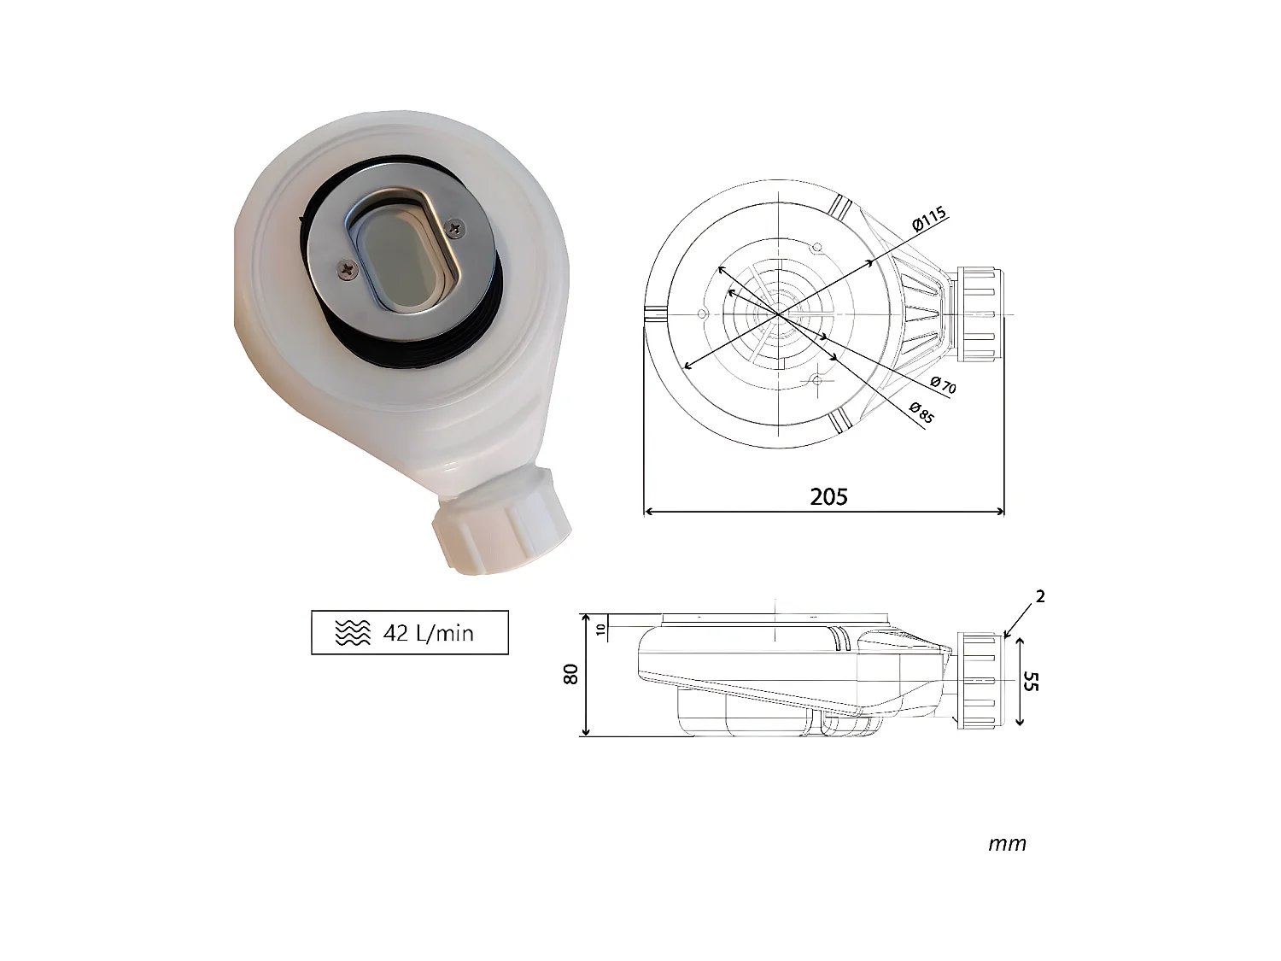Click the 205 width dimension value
[x=828, y=496]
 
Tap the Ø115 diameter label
[x=930, y=220]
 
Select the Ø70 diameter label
[x=943, y=384]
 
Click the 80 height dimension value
[x=571, y=673]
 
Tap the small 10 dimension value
[x=600, y=630]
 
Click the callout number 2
[x=1039, y=597]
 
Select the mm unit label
[x=1007, y=844]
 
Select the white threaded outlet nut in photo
[x=499, y=524]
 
